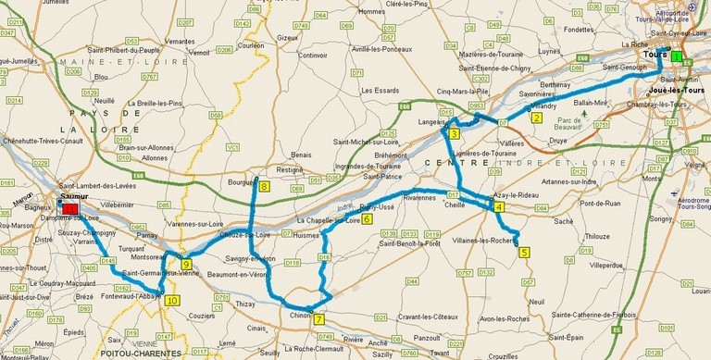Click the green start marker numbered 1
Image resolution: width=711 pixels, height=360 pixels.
677,57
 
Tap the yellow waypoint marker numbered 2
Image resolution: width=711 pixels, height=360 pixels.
536,118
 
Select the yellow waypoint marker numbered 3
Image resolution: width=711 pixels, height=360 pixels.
455,134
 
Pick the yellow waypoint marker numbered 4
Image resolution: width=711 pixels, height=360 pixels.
499,207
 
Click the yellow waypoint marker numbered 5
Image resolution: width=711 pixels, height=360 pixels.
524,251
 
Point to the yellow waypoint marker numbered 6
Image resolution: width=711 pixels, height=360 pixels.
368,219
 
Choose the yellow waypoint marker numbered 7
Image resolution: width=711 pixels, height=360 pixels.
319,319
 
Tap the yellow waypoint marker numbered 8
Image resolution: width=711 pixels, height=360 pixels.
265,187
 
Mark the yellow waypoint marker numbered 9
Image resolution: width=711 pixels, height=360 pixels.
186,265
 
